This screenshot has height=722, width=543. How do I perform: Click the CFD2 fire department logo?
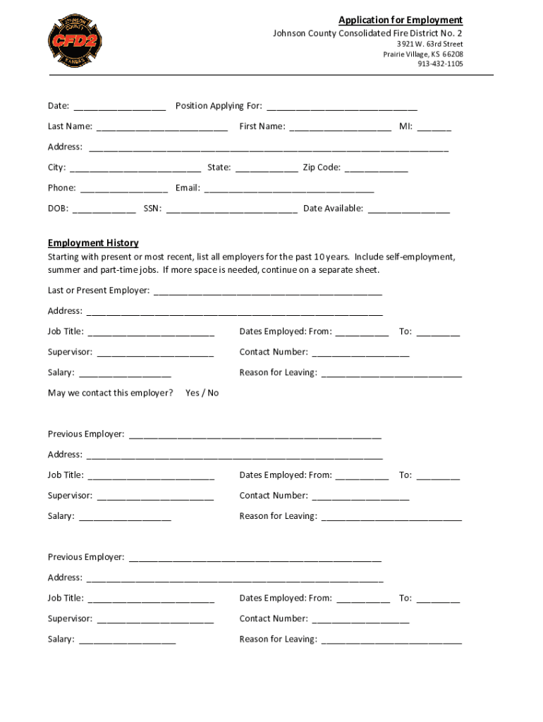pos(75,40)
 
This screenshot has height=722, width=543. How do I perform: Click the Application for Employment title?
pos(400,20)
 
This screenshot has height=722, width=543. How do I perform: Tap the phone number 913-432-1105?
pos(440,64)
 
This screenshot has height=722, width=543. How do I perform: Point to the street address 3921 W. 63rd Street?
pos(429,44)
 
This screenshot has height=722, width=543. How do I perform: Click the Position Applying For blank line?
pos(342,107)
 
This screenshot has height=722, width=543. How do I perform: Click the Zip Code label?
pos(322,168)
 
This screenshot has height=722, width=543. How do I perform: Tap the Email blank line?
pos(289,189)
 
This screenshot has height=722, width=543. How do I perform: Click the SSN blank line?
pos(232,209)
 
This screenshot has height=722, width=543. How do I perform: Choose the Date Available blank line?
pos(408,209)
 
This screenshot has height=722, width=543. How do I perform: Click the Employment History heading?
pos(93,243)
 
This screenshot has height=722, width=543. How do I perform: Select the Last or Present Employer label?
pos(98,290)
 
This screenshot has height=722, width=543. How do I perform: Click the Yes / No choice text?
pos(202,393)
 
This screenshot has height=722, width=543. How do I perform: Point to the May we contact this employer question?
pos(110,393)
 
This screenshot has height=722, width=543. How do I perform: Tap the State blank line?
pos(266,169)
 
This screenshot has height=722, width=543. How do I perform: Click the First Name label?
pos(262,127)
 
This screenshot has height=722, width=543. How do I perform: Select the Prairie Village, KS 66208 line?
pos(423,54)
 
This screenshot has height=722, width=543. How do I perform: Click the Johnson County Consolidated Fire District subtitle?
pos(368,34)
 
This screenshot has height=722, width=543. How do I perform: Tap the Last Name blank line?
pos(161,128)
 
